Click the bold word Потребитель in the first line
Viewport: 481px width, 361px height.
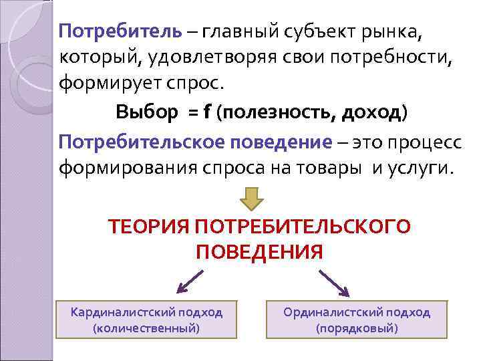pyautogui.click(x=120, y=31)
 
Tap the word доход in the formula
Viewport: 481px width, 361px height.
pyautogui.click(x=371, y=112)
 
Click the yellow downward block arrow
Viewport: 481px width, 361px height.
pyautogui.click(x=252, y=198)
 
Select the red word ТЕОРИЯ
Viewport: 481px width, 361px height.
pyautogui.click(x=148, y=227)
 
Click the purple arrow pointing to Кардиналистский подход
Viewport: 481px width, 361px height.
pyautogui.click(x=189, y=281)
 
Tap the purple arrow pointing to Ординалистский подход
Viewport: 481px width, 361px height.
pyautogui.click(x=335, y=281)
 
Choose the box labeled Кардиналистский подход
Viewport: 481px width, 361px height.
pyautogui.click(x=146, y=320)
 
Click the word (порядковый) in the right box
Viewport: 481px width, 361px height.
pyautogui.click(x=357, y=329)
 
